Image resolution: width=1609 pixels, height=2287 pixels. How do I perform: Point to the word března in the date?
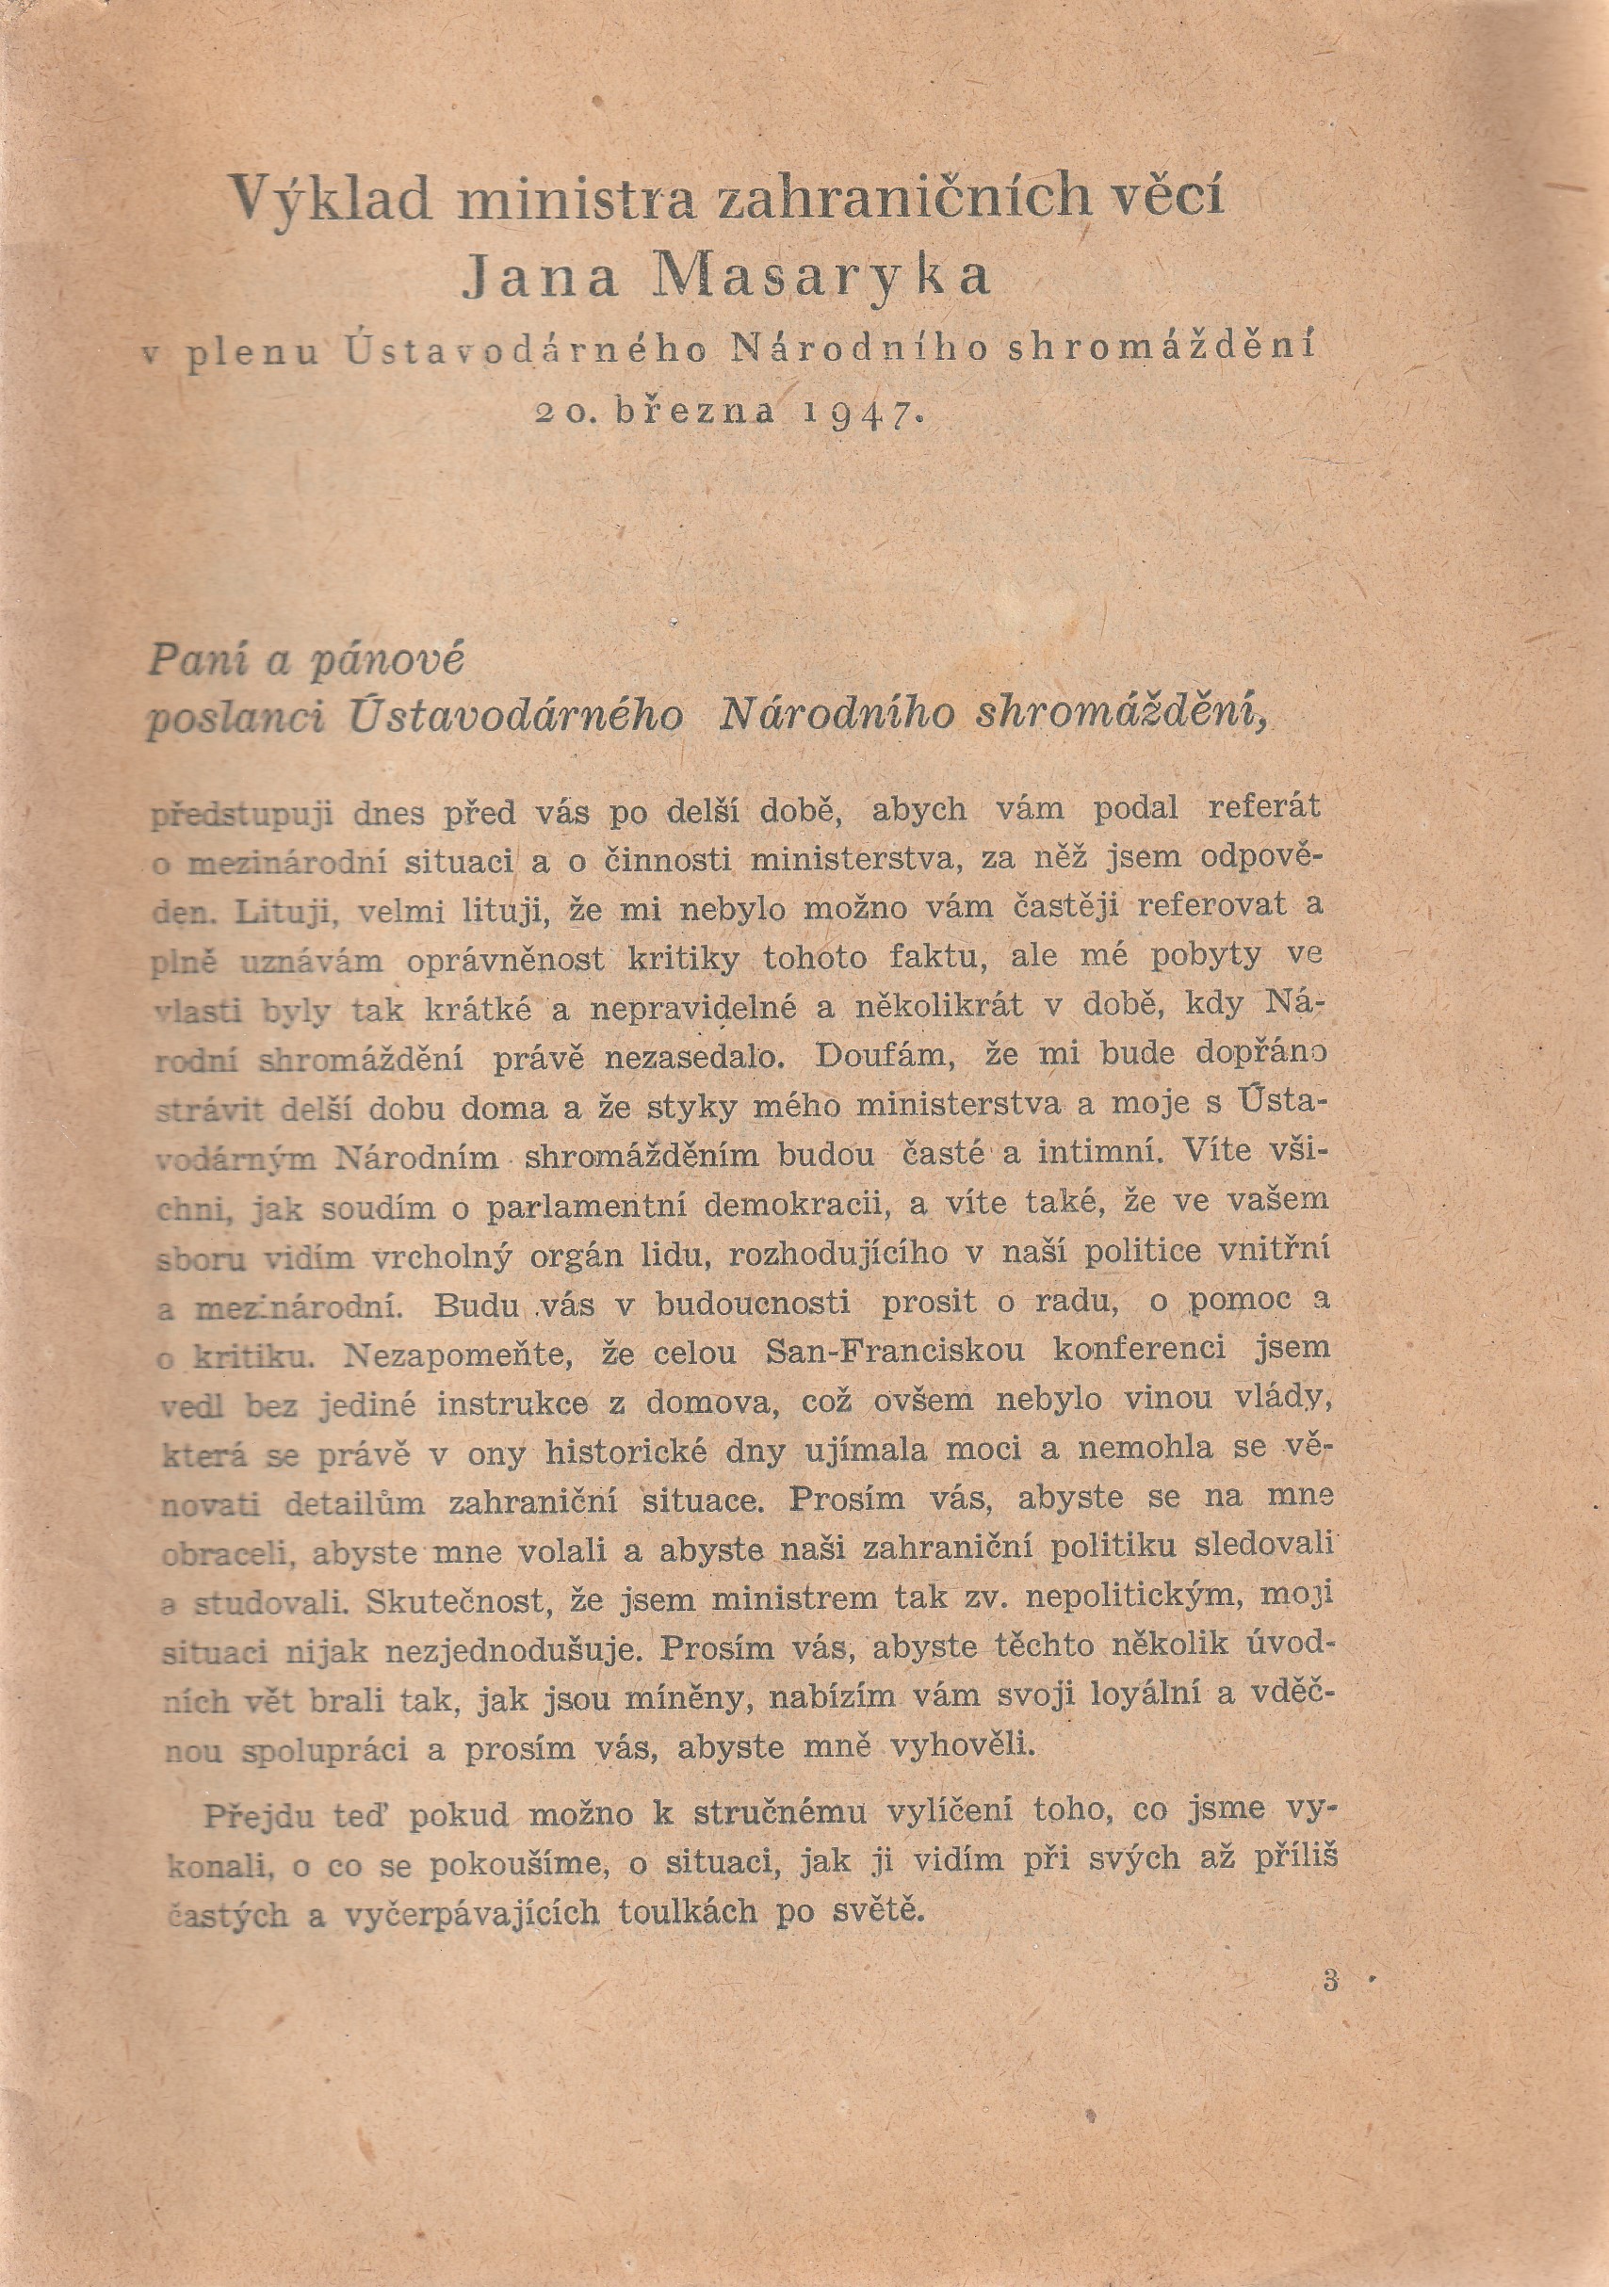tap(693, 412)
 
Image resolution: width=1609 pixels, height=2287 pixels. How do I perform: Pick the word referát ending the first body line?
tap(1263, 807)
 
